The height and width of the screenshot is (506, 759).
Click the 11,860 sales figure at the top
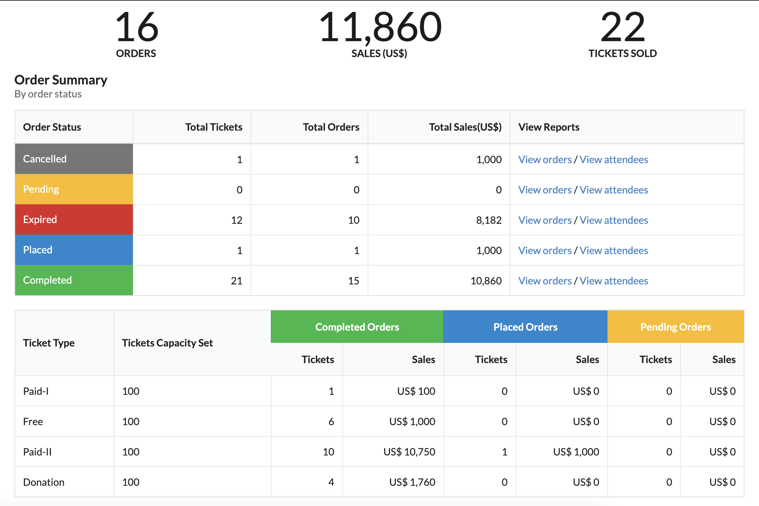click(x=380, y=27)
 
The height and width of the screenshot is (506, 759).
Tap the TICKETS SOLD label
click(x=623, y=53)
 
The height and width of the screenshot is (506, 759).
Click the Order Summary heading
click(x=61, y=80)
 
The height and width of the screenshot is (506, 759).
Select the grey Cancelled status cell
click(x=74, y=159)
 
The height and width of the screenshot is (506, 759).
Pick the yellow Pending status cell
click(x=74, y=189)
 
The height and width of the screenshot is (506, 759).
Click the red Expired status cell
click(x=74, y=219)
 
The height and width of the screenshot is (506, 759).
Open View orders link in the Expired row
click(x=545, y=220)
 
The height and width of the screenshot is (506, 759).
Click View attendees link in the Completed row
click(x=614, y=281)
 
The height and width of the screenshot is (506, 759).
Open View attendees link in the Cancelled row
click(x=614, y=160)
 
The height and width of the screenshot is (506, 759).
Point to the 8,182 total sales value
click(x=489, y=220)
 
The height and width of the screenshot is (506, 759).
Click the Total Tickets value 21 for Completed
click(x=237, y=281)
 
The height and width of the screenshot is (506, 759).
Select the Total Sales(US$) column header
click(x=465, y=127)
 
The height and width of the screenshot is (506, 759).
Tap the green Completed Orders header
click(x=357, y=327)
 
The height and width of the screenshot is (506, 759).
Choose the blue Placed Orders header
click(x=525, y=327)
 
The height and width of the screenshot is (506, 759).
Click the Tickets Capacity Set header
click(x=167, y=343)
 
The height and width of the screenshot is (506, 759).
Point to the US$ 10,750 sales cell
click(x=409, y=452)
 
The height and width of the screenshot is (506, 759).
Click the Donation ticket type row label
click(x=44, y=482)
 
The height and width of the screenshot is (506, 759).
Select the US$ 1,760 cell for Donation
click(x=412, y=482)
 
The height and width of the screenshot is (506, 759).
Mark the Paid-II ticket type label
click(x=38, y=452)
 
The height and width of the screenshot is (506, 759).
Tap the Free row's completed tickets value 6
click(x=331, y=422)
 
